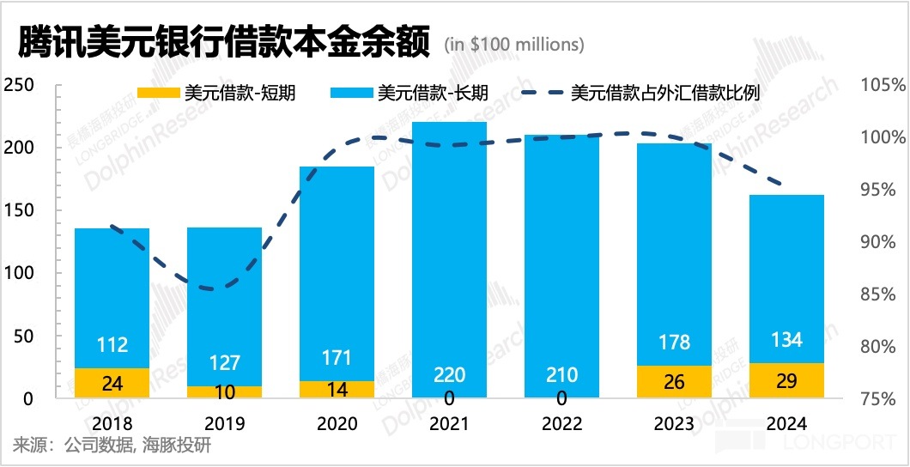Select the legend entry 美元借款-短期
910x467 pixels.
(x=216, y=93)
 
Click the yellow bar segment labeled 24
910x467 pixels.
(x=112, y=383)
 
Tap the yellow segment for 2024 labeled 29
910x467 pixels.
(x=786, y=380)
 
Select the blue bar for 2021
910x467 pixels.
(x=449, y=249)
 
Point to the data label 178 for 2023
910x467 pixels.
(x=674, y=342)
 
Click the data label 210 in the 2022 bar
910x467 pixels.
(x=561, y=375)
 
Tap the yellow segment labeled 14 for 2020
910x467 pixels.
(x=337, y=389)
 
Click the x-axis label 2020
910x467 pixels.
(x=337, y=424)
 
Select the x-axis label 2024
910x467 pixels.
(x=786, y=424)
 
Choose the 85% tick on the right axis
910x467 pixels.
(x=884, y=294)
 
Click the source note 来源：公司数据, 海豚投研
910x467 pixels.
(x=112, y=446)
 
